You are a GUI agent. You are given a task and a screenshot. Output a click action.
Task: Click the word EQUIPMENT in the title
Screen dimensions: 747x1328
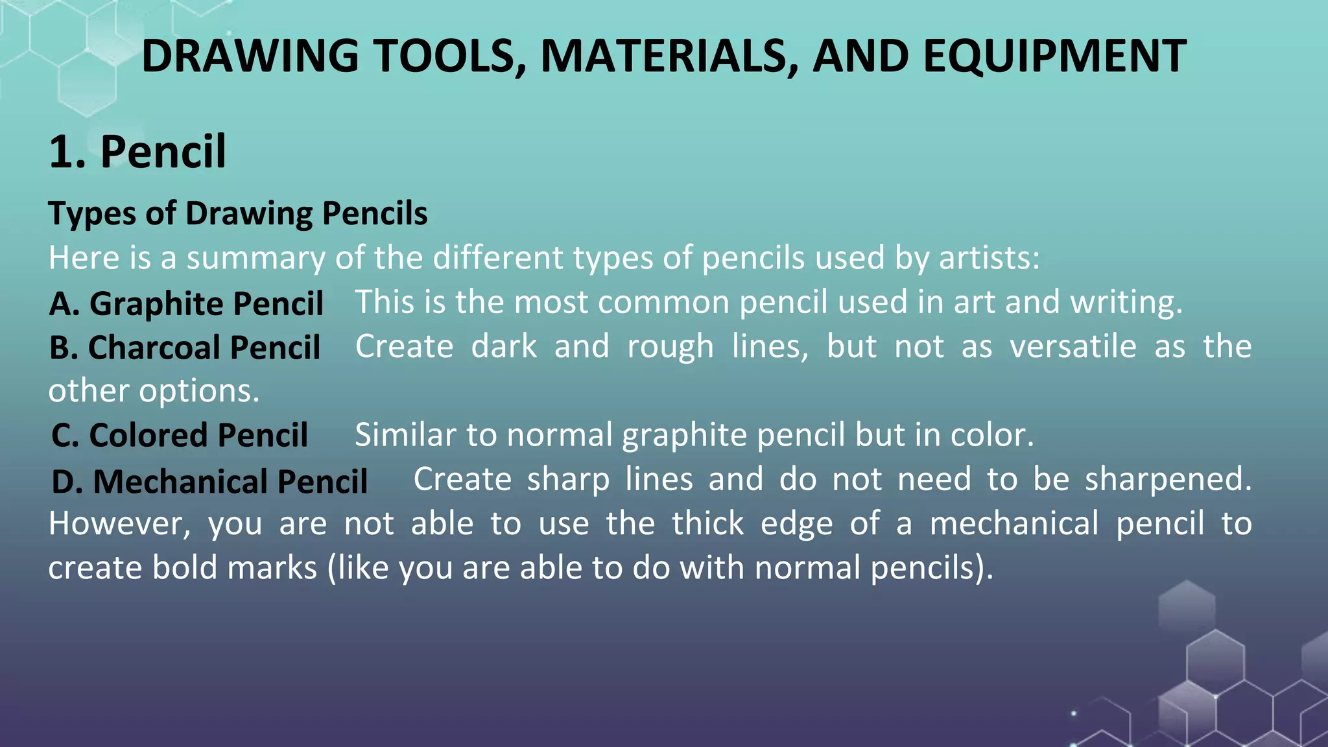[1054, 56]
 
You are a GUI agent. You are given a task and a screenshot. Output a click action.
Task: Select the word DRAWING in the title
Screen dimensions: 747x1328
[250, 56]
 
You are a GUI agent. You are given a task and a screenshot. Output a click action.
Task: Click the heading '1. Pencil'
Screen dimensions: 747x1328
[137, 152]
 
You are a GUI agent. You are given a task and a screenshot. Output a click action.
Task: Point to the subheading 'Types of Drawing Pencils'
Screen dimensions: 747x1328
[238, 213]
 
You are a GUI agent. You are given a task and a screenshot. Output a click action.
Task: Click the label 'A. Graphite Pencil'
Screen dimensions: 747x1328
[187, 303]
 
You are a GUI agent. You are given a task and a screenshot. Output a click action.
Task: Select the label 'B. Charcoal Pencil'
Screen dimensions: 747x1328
[185, 348]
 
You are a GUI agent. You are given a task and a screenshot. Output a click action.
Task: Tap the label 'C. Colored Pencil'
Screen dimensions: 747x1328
[180, 435]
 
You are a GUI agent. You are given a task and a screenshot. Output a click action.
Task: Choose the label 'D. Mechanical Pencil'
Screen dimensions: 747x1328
[209, 482]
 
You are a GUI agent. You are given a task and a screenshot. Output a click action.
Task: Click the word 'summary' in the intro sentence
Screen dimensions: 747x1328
[255, 258]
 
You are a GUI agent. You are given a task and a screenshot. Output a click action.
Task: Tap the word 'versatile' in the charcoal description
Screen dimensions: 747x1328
[1073, 346]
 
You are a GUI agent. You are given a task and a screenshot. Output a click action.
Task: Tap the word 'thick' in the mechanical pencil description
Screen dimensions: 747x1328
[707, 523]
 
